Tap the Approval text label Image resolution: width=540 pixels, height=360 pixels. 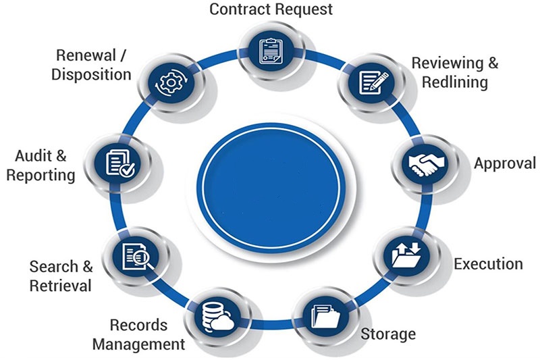[505, 163]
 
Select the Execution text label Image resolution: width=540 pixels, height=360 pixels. [488, 263]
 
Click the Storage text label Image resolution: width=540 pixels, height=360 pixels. [388, 334]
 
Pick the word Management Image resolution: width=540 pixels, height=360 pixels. [138, 344]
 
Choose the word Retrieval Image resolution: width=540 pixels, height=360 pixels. [60, 286]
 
